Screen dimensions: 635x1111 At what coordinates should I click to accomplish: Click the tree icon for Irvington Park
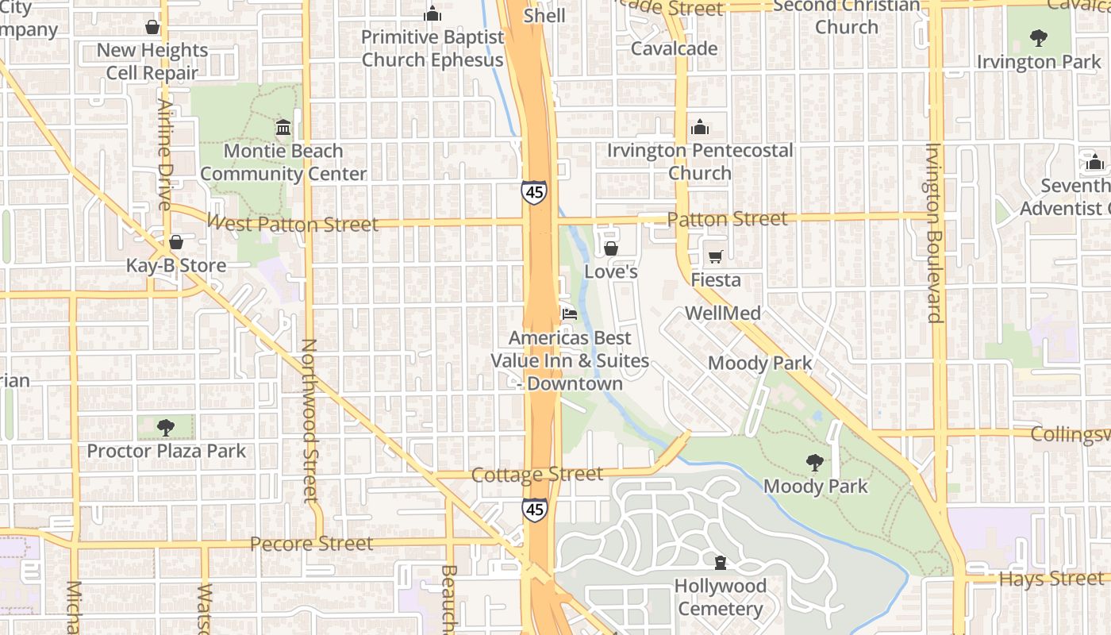click(1038, 37)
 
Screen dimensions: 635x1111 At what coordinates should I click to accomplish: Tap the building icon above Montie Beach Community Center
click(283, 127)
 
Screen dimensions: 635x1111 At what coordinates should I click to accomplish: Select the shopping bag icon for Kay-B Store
click(176, 242)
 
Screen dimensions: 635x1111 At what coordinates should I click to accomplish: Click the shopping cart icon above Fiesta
click(715, 256)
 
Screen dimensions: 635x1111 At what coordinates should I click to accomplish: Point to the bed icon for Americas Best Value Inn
click(570, 314)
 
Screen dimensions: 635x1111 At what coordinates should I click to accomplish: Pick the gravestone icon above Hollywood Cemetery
click(720, 564)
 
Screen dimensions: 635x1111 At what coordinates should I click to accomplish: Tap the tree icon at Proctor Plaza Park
click(166, 428)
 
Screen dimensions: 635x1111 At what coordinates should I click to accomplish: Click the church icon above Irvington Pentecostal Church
click(699, 127)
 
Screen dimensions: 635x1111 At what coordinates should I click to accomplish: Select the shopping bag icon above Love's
click(611, 248)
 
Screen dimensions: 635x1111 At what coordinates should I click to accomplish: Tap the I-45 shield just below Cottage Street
click(534, 510)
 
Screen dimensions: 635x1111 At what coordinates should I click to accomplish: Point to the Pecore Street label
click(311, 544)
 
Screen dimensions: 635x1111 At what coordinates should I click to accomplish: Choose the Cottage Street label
click(537, 475)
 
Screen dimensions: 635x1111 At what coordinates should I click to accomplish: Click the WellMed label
click(722, 313)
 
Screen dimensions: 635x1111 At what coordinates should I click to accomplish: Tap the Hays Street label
click(1050, 579)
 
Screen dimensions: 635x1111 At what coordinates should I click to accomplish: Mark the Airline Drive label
click(165, 154)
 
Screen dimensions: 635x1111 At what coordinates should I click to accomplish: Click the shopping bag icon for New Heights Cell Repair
click(152, 28)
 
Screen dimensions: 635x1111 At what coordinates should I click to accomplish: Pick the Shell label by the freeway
click(545, 16)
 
